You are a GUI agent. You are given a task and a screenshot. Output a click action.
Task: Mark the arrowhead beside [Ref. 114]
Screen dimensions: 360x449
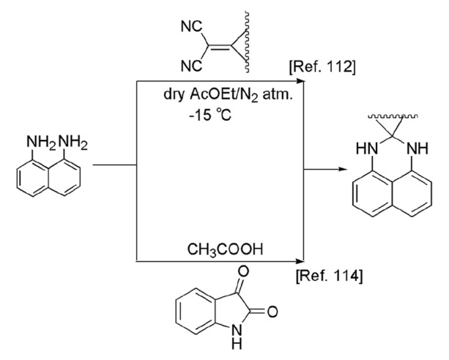(x=298, y=258)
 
